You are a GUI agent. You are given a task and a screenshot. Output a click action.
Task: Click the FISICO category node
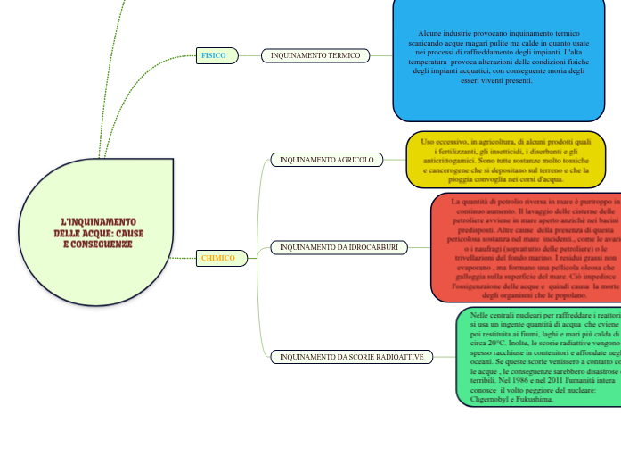(215, 55)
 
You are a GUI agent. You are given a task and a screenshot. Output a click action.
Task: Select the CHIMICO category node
(218, 258)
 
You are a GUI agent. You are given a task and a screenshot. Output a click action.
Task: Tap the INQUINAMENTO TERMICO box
(315, 55)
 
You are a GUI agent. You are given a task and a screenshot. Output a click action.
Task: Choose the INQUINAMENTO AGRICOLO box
(327, 160)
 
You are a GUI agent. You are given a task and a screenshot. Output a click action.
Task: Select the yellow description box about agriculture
(505, 161)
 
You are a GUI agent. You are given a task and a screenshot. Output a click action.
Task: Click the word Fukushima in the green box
(539, 399)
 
